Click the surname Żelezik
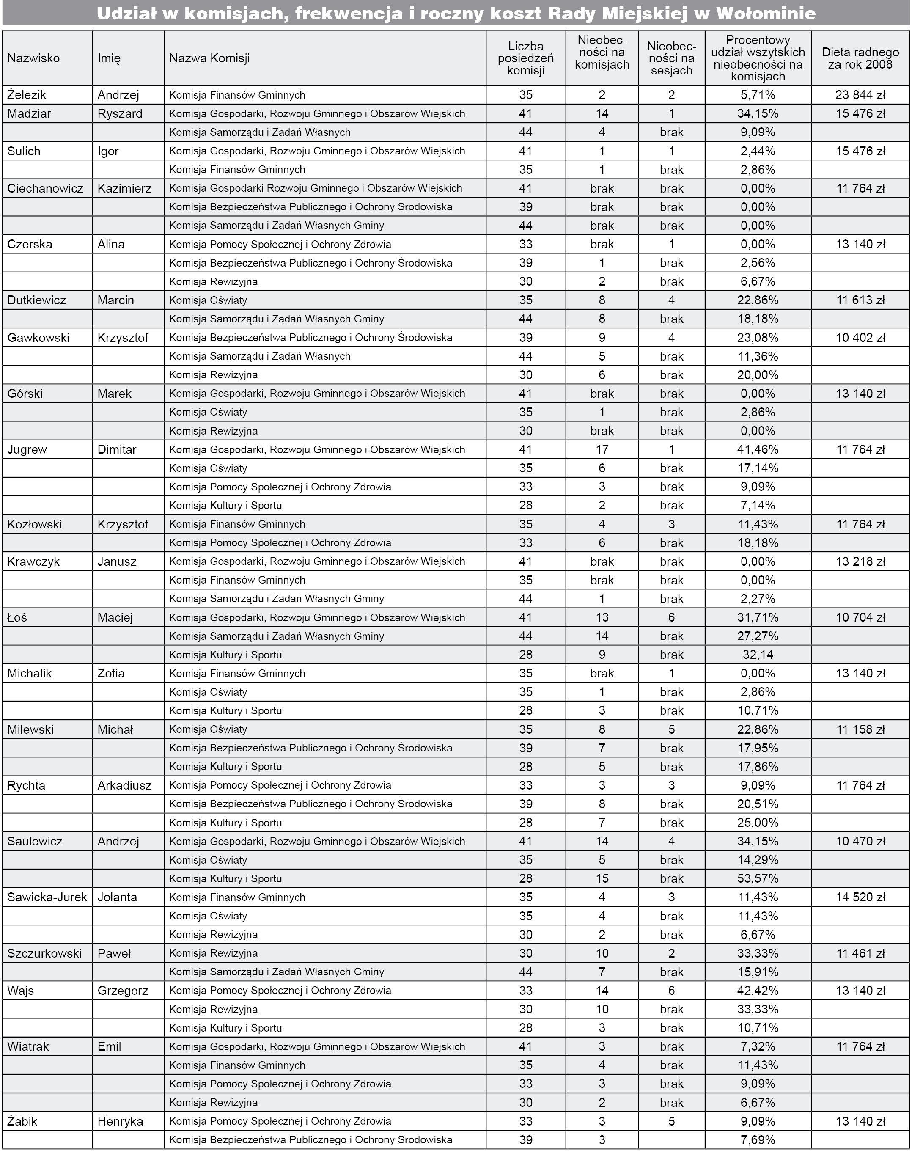pyautogui.click(x=27, y=95)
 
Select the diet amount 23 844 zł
pyautogui.click(x=860, y=95)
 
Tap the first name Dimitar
pyautogui.click(x=117, y=450)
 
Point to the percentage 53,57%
pyautogui.click(x=757, y=879)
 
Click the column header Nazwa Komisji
pyautogui.click(x=209, y=58)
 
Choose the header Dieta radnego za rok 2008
pyautogui.click(x=860, y=58)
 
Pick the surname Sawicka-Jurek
pyautogui.click(x=47, y=897)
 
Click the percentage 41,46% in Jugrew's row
pyautogui.click(x=757, y=450)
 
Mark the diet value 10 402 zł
pyautogui.click(x=860, y=338)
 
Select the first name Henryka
pyautogui.click(x=120, y=1121)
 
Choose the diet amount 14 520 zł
pyautogui.click(x=860, y=897)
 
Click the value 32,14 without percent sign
pyautogui.click(x=757, y=655)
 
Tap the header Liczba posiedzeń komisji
pyautogui.click(x=525, y=58)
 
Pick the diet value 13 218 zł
pyautogui.click(x=860, y=561)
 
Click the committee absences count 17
pyautogui.click(x=602, y=450)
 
